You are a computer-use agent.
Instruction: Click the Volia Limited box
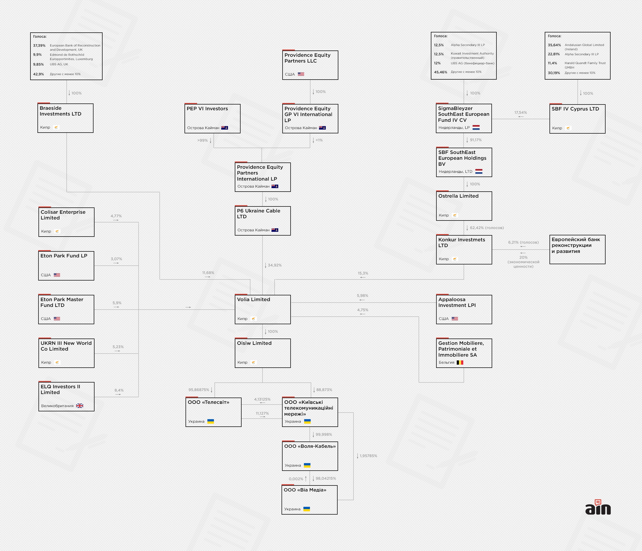pyautogui.click(x=262, y=309)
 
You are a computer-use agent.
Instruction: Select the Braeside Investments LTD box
pyautogui.click(x=65, y=118)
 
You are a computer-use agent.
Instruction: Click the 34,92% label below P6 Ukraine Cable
pyautogui.click(x=274, y=265)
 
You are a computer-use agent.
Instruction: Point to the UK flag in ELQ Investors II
pyautogui.click(x=80, y=406)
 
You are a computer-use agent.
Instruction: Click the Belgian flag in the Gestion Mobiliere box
pyautogui.click(x=460, y=362)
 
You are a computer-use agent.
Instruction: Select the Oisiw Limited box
pyautogui.click(x=262, y=353)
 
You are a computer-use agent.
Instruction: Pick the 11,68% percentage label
pyautogui.click(x=208, y=273)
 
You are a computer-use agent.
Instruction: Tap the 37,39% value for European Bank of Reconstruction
pyautogui.click(x=39, y=45)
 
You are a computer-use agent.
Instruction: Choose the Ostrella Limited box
pyautogui.click(x=464, y=206)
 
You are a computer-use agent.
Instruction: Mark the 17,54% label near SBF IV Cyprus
pyautogui.click(x=520, y=113)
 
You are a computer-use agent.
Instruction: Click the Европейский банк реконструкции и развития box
pyautogui.click(x=577, y=249)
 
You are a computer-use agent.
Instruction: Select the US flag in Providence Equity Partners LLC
pyautogui.click(x=301, y=74)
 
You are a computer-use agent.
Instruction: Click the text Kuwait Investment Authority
pyautogui.click(x=472, y=53)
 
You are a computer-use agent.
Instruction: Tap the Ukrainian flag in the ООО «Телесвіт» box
pyautogui.click(x=210, y=421)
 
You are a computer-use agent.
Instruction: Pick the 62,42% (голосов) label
pyautogui.click(x=486, y=228)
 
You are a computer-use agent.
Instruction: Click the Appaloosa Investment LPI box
pyautogui.click(x=464, y=309)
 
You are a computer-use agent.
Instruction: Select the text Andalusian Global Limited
pyautogui.click(x=584, y=45)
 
